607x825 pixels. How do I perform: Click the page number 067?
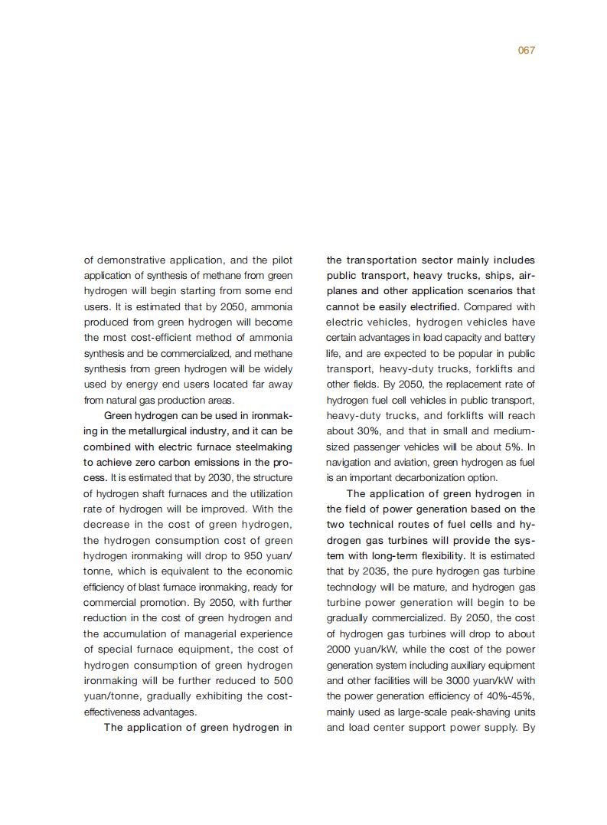coord(526,51)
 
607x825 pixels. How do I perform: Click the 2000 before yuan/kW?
coord(338,649)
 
